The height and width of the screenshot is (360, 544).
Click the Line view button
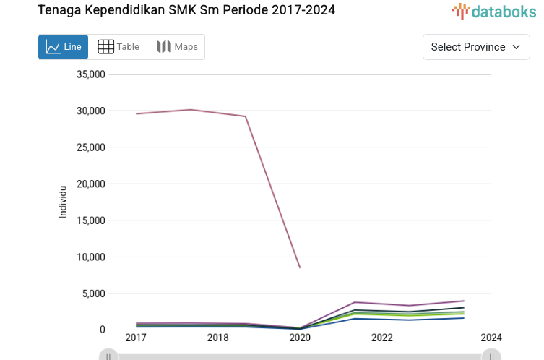tap(63, 47)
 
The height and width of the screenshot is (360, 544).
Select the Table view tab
tap(118, 47)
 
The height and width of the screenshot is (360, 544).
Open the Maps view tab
tap(177, 47)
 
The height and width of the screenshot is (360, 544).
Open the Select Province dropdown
tap(475, 47)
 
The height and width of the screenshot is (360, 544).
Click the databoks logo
tap(494, 11)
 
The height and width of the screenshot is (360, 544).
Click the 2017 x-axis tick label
tap(136, 338)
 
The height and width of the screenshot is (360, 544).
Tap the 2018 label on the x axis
tap(218, 338)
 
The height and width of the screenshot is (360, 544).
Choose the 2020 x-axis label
tap(300, 338)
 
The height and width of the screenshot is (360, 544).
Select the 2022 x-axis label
tap(382, 338)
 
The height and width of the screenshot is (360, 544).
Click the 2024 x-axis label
tap(491, 338)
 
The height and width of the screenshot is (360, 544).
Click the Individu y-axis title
tap(63, 202)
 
